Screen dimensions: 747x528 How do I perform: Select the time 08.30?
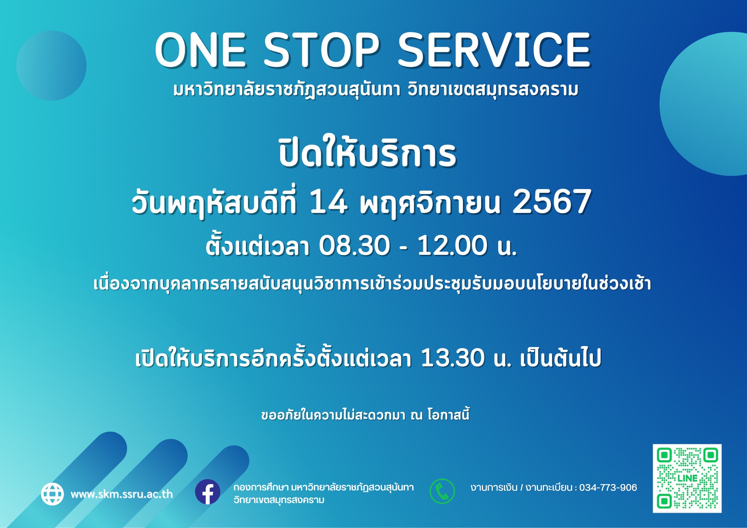tap(354, 245)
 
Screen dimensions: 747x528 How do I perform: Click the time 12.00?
tap(452, 245)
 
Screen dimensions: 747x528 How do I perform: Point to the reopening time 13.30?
tap(453, 358)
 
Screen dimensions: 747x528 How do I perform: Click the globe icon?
tap(53, 494)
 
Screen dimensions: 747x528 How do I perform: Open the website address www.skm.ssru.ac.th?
tap(122, 494)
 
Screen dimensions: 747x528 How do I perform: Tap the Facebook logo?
tap(208, 492)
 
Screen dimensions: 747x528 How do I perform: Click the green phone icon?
tap(442, 491)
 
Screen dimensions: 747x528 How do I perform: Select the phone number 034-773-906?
tap(608, 488)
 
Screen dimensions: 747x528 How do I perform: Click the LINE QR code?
tap(687, 478)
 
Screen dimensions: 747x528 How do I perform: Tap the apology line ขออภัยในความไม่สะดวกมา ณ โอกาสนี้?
tap(365, 415)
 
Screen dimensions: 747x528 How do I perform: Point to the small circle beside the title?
tap(51, 66)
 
